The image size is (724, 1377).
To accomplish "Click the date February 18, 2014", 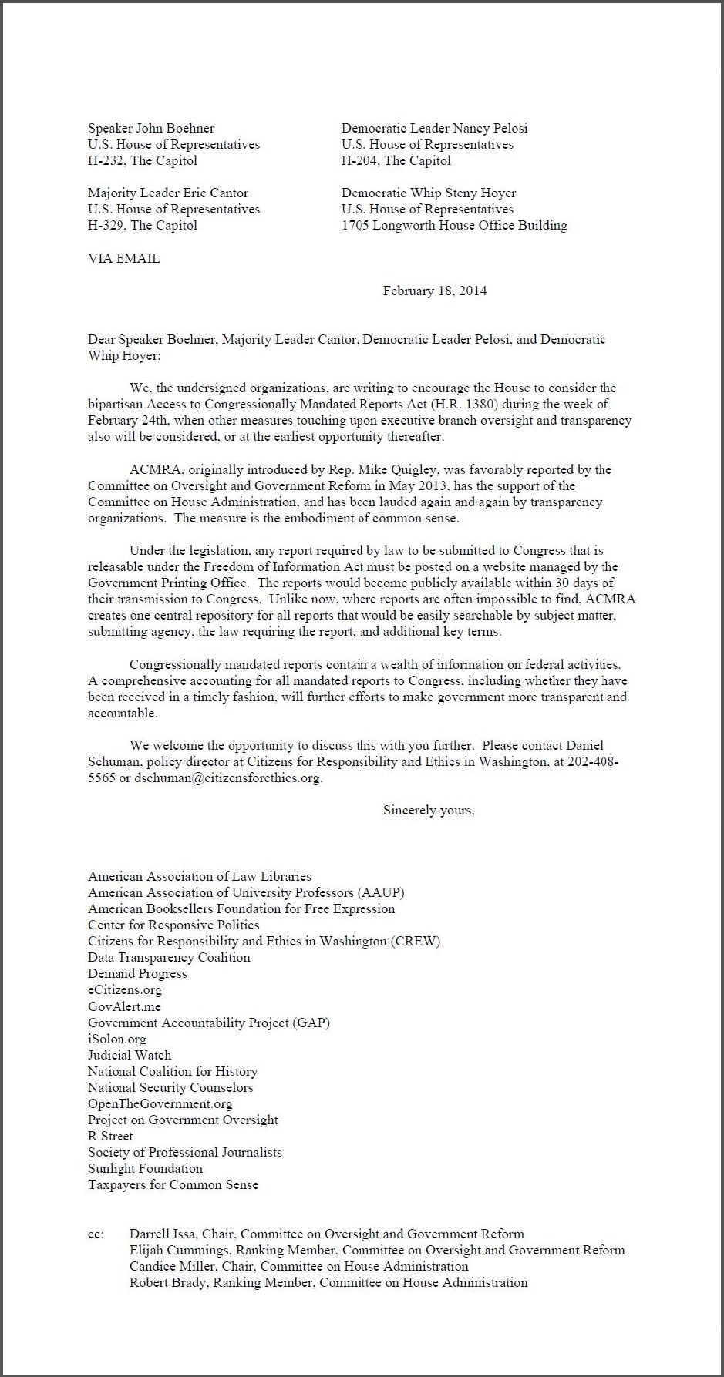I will [x=434, y=291].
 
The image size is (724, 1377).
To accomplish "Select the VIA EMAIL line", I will [x=123, y=258].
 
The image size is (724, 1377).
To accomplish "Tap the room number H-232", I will [x=106, y=160].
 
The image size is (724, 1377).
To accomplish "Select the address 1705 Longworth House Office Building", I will [x=454, y=225].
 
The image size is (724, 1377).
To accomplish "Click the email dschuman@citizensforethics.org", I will [x=227, y=778].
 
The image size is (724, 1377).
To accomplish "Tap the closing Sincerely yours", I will [x=429, y=810].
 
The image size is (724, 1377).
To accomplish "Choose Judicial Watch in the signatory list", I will [x=130, y=1055].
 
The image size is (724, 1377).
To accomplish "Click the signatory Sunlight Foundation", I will [x=145, y=1168].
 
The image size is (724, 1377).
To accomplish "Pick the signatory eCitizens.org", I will [x=125, y=989].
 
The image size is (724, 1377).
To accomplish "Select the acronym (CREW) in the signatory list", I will [x=416, y=941].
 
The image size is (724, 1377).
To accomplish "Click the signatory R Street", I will [x=110, y=1136].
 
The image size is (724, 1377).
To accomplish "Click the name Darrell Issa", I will [x=160, y=1234].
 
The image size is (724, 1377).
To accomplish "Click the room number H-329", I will [x=106, y=225].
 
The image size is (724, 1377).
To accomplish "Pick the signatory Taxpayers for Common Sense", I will [x=173, y=1184].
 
